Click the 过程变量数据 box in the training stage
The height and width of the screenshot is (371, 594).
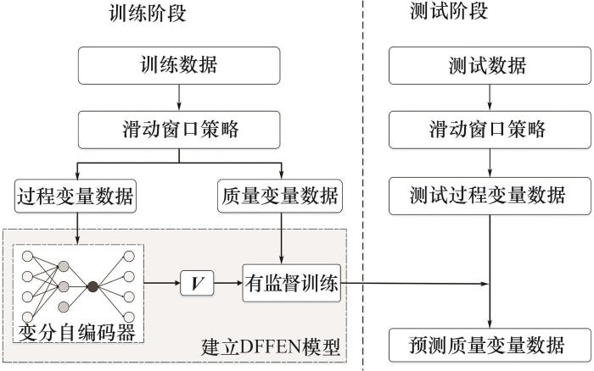pos(76,197)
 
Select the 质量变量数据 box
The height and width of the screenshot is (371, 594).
pos(279,197)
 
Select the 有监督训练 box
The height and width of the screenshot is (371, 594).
pos(291,285)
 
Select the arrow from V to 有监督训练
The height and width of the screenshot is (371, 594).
pos(227,285)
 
